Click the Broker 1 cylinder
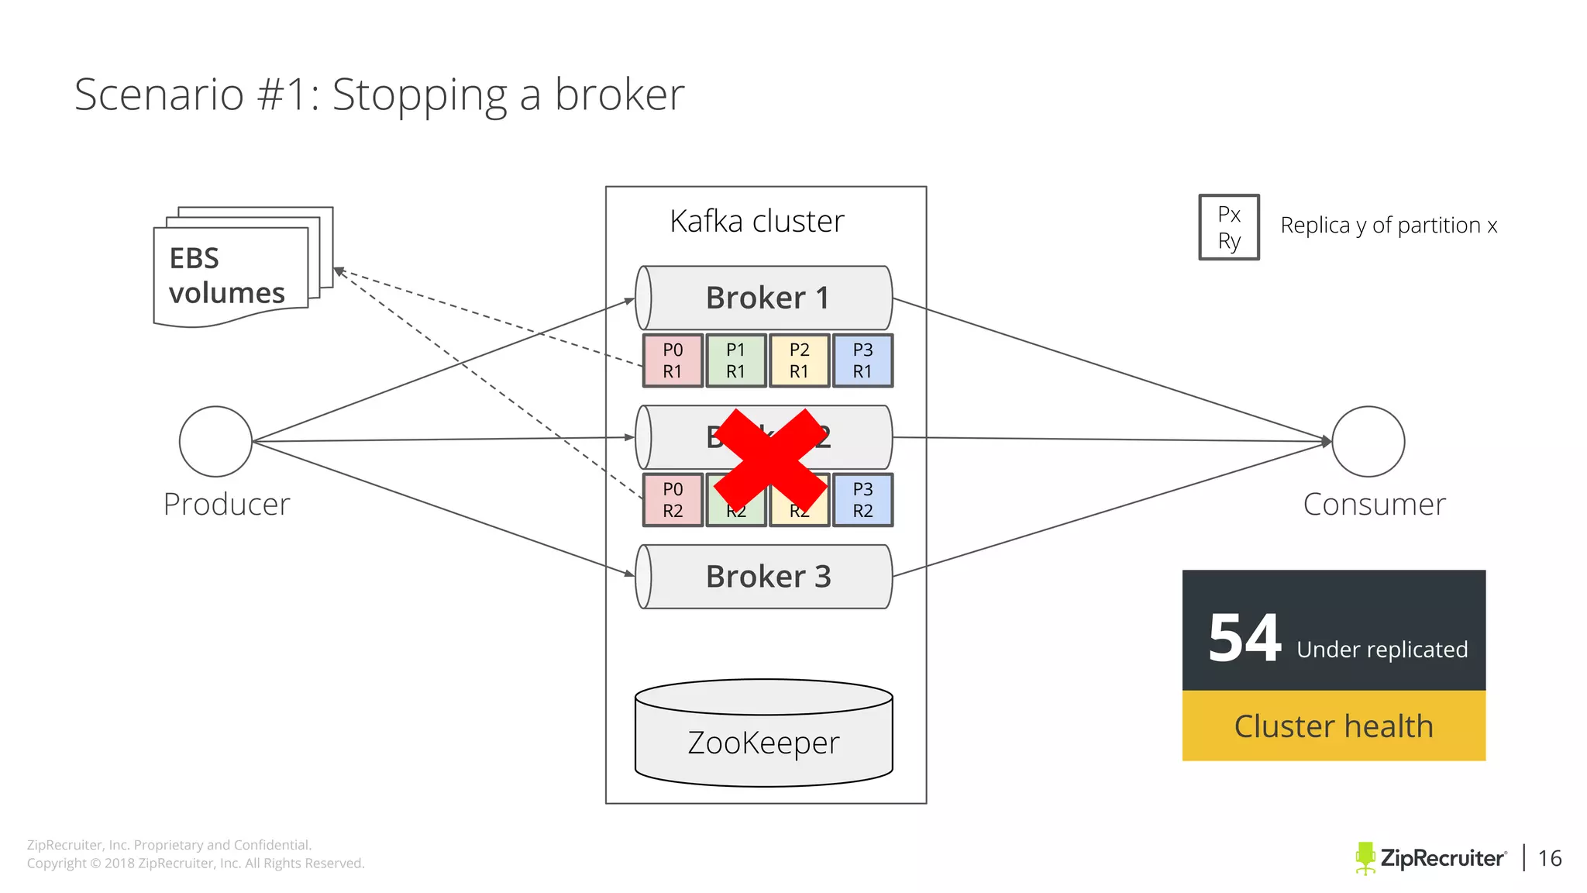764,298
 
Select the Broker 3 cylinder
764,577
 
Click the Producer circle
215,441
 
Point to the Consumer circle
1368,441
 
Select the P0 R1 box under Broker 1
673,360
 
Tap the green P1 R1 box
736,360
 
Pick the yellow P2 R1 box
800,360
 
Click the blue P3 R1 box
862,360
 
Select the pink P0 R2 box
673,500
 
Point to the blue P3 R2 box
862,500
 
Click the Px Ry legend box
1229,227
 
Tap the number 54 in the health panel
1244,639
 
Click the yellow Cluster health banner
1334,726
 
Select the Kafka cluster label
757,222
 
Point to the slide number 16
1550,858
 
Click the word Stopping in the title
419,95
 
